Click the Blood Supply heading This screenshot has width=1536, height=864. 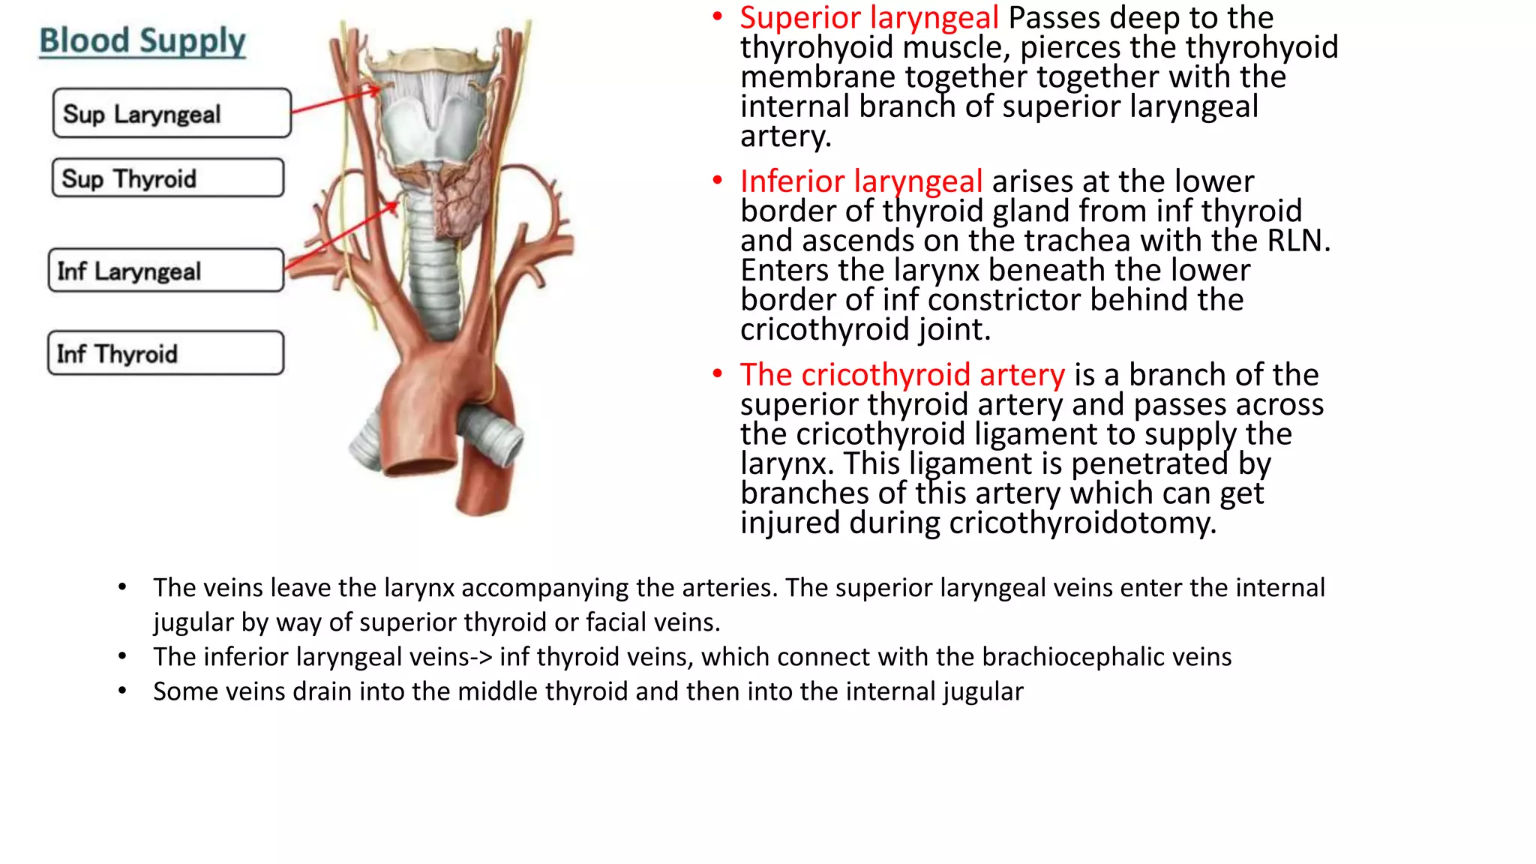(142, 40)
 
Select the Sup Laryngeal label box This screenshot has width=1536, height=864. (172, 113)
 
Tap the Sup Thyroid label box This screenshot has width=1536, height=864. (167, 178)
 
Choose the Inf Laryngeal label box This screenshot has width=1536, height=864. (166, 270)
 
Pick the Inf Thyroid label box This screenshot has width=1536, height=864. (166, 352)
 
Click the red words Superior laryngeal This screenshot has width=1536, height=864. (868, 17)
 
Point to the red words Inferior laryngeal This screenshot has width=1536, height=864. (861, 181)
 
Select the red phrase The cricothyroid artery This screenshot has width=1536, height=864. (902, 374)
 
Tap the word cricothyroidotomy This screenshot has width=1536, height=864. (1078, 523)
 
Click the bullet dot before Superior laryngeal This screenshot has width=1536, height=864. (718, 16)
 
